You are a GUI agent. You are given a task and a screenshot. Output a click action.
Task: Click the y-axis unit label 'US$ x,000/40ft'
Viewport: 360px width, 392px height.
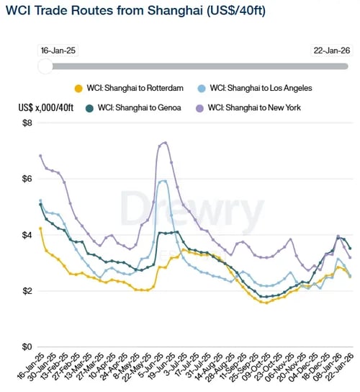coord(45,107)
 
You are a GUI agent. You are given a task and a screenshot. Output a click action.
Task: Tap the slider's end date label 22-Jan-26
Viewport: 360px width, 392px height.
coord(330,50)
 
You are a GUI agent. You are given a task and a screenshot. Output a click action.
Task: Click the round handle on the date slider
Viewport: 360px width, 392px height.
coord(45,66)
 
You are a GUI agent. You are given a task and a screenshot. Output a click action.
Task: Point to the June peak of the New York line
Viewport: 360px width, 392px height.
coord(165,142)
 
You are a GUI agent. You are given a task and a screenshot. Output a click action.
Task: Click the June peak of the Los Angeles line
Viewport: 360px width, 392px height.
coord(164,181)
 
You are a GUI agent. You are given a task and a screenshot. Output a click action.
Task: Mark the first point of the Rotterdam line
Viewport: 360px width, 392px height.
coord(40,228)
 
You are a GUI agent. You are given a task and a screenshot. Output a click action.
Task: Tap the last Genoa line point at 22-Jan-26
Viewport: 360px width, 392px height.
coord(351,249)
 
